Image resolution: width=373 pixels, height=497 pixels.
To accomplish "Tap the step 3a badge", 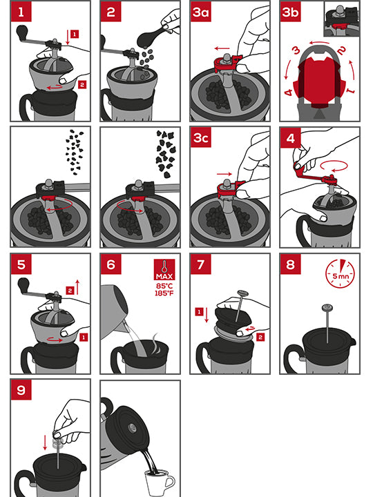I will [x=201, y=12].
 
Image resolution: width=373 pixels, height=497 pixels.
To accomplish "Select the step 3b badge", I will [x=291, y=12].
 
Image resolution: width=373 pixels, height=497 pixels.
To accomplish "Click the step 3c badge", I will [x=201, y=138].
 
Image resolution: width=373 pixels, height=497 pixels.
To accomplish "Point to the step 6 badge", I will [x=111, y=264].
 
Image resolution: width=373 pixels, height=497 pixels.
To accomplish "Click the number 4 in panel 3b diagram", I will [x=289, y=91].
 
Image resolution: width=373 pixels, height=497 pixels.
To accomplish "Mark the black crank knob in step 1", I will [x=23, y=32].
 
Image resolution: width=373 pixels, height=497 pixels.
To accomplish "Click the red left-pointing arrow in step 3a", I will [x=221, y=50].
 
